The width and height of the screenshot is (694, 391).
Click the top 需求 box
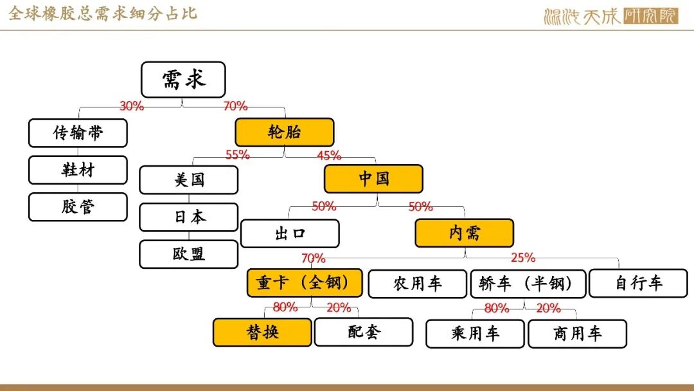coord(183,80)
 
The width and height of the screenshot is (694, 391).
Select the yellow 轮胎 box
coord(284,132)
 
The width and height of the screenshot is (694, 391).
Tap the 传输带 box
coord(78,133)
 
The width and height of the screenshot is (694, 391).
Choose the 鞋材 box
coord(78,170)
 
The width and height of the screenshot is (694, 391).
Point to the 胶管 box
coord(78,207)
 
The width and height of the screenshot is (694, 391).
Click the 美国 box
coord(188,180)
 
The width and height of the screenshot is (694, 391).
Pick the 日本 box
coord(188,217)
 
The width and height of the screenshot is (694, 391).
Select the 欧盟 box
coord(188,254)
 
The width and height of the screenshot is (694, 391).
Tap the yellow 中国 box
coord(373,178)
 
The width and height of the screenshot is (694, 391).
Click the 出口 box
coord(290,233)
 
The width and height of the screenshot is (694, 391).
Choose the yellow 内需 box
coord(465,233)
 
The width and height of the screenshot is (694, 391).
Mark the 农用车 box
coord(418,284)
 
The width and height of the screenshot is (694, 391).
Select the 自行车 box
coord(638,284)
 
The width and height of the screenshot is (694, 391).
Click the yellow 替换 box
coord(262,332)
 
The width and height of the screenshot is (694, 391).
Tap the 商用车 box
coord(577,334)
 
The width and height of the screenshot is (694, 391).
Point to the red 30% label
coord(132,106)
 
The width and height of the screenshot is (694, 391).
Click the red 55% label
coord(238,155)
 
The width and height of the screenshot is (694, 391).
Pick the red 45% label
coord(329,156)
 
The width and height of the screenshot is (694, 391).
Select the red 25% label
coord(522,258)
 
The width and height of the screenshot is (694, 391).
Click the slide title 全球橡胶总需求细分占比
coord(103,14)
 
